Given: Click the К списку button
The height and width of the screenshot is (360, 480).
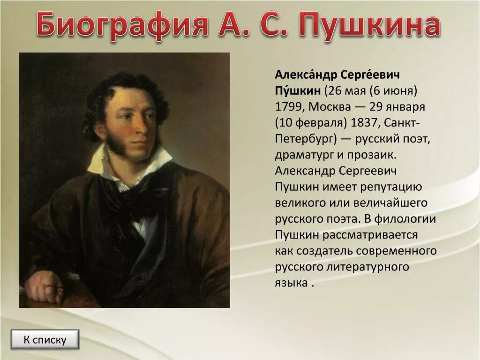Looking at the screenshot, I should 45,340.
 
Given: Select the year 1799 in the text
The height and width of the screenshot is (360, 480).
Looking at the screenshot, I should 288,106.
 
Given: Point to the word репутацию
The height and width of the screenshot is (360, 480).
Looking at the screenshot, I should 391,187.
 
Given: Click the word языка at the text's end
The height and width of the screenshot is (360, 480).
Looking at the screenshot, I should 291,283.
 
